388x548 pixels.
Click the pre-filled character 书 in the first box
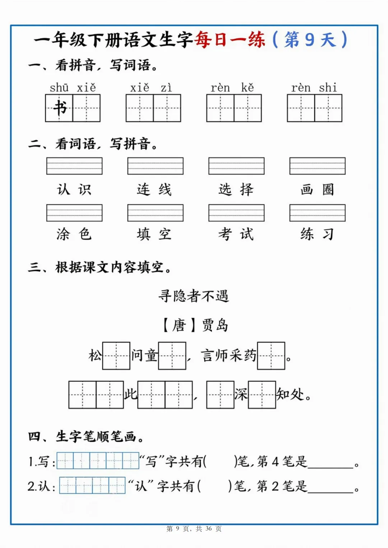60,108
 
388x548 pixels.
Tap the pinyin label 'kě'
248,88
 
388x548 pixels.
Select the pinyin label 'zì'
166,88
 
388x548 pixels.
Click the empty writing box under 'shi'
328,108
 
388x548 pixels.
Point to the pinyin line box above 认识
74,166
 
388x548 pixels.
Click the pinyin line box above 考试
236,213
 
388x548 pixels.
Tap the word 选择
236,189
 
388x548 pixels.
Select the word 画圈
317,189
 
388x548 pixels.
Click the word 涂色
74,234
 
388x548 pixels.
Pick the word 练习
317,234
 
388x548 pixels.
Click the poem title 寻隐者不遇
194,296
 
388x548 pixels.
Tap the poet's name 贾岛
215,325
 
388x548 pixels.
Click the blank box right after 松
116,356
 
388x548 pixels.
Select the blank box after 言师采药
271,356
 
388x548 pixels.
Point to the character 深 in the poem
241,395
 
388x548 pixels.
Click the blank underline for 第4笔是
331,465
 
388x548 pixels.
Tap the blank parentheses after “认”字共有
214,486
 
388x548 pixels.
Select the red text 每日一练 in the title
230,39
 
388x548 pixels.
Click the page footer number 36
209,529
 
